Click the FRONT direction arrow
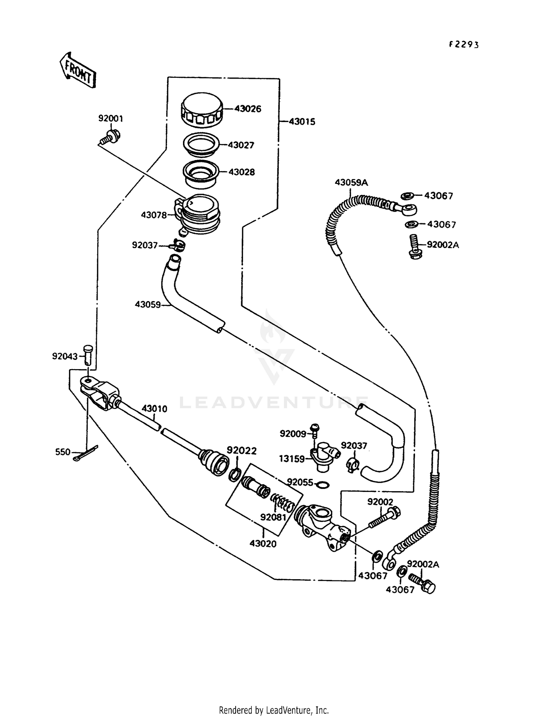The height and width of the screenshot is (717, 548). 77,70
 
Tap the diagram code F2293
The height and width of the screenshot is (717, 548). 463,45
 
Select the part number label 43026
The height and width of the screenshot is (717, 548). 248,109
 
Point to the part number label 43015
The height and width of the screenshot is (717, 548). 302,122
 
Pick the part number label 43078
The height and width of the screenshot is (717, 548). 154,215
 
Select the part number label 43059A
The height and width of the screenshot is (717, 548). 351,182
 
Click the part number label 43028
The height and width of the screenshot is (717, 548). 241,172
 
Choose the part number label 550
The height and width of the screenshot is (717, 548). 62,452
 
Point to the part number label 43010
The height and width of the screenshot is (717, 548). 154,409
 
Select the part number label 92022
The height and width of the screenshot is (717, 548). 241,451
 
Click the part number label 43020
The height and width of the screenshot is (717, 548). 263,544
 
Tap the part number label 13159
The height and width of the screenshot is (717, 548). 292,459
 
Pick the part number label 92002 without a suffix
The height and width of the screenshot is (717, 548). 380,502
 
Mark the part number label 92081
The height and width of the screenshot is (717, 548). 273,517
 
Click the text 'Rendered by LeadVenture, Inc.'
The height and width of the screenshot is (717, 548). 274,710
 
